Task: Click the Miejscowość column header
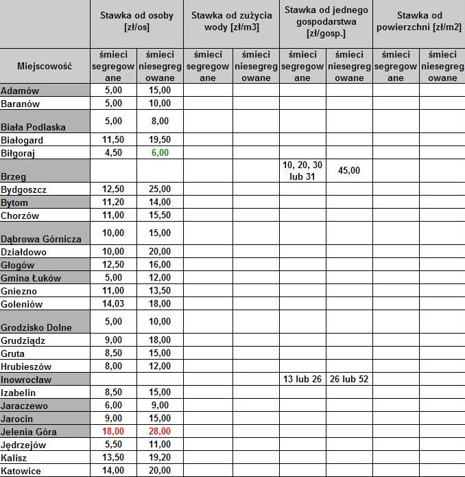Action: (x=45, y=67)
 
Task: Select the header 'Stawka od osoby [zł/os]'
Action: (x=136, y=22)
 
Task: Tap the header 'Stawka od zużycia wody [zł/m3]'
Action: (x=230, y=22)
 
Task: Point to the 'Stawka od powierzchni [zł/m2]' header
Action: (x=419, y=22)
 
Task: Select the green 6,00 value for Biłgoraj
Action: (x=160, y=153)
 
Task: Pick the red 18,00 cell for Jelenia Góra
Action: (x=113, y=432)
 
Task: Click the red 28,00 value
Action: (x=160, y=432)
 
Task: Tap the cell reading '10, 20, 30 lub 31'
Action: (x=302, y=171)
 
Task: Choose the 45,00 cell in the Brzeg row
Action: (x=349, y=170)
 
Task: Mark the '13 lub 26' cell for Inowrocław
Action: (x=302, y=380)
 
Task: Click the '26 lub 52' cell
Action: (x=349, y=380)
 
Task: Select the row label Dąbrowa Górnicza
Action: (x=41, y=239)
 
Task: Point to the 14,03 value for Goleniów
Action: (x=113, y=304)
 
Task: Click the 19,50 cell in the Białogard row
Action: (x=160, y=140)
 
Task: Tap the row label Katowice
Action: (x=21, y=471)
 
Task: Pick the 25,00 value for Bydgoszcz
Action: (x=160, y=189)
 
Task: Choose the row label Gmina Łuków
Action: (x=31, y=278)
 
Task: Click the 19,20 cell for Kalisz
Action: (x=160, y=458)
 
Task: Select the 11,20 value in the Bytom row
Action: (x=113, y=202)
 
